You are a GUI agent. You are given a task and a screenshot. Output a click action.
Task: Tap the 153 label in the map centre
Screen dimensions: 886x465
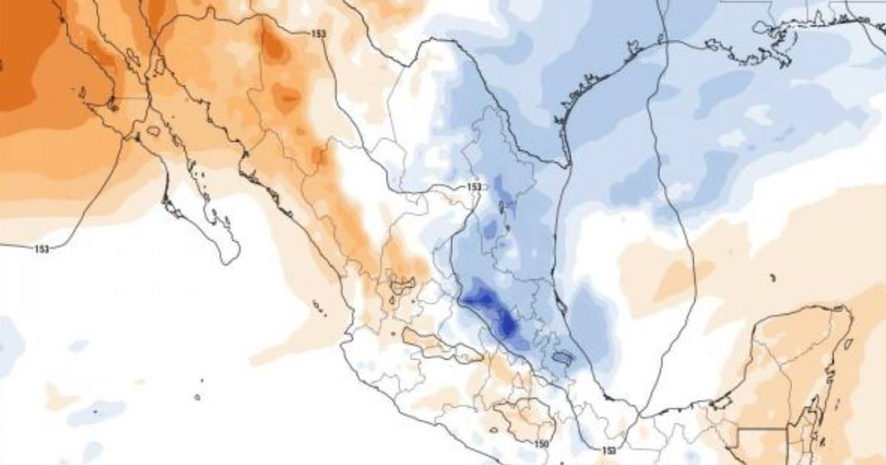[474, 187]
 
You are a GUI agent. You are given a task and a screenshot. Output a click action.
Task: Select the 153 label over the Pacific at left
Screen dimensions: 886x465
[42, 249]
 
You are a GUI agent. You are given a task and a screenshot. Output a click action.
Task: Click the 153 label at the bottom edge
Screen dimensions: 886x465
[608, 450]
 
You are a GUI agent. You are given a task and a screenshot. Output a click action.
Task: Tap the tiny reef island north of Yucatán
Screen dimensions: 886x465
[772, 278]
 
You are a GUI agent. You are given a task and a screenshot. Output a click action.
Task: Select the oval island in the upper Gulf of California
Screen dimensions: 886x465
[153, 131]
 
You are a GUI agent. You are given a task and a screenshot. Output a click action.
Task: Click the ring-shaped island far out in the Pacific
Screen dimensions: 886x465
[197, 397]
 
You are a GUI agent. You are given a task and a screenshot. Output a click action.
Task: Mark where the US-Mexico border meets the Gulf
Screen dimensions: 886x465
[567, 163]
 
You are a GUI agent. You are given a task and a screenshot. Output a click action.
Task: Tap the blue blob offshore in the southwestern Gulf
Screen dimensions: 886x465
[591, 317]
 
